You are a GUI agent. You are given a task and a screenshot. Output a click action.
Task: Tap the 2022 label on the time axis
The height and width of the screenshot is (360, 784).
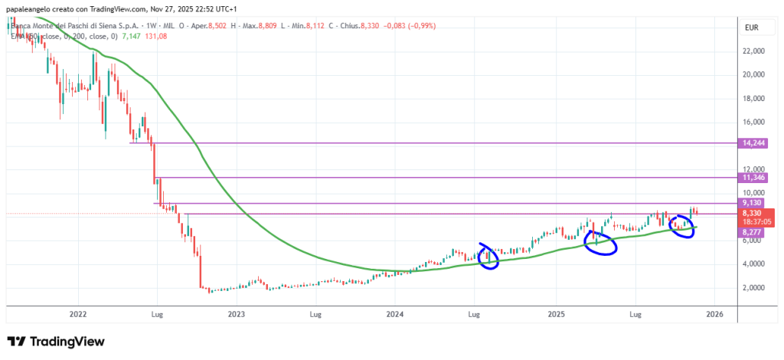[77, 314]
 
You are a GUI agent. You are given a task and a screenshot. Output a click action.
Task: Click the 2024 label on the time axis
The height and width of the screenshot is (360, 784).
[394, 314]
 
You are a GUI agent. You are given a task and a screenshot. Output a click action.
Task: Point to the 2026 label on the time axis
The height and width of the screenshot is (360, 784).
[714, 314]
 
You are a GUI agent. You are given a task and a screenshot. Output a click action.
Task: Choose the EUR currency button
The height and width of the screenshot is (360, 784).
[751, 28]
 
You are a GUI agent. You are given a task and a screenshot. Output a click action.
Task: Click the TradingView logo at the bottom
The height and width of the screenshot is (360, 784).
[55, 342]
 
